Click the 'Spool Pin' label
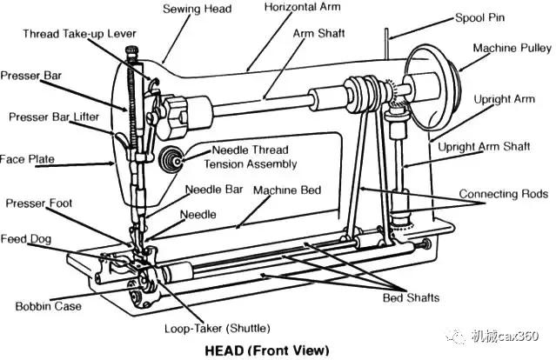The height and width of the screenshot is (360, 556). [479, 17]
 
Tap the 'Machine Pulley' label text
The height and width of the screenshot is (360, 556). [512, 48]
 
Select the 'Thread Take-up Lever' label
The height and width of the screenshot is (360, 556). [79, 34]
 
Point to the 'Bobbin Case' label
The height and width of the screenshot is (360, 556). [48, 306]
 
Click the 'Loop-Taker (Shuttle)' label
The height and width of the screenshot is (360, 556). [217, 328]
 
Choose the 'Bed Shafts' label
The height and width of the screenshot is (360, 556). [411, 297]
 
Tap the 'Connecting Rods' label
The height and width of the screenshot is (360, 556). [504, 194]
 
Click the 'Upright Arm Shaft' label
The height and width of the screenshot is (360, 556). [484, 147]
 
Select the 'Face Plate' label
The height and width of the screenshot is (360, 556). [27, 159]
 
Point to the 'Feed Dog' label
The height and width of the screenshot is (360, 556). [25, 239]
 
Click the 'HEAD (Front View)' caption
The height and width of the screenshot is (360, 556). [267, 350]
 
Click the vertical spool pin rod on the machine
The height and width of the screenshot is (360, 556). [387, 43]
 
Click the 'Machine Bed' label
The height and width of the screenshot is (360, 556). [287, 190]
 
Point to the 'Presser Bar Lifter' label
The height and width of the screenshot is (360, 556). [54, 117]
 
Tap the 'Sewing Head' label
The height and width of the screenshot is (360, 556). [198, 9]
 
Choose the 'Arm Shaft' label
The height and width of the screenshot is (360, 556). [318, 33]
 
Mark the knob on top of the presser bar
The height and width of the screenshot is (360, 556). [131, 51]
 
